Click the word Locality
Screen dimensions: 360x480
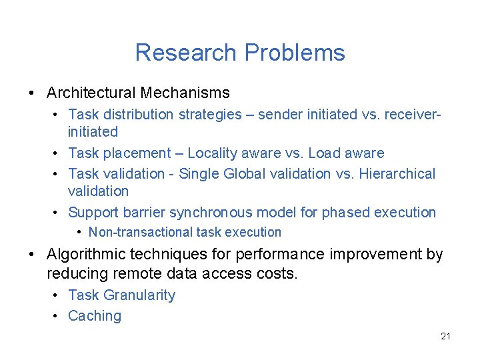[x=215, y=153]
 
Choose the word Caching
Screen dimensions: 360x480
[x=95, y=316]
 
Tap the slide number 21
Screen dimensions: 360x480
[x=445, y=336]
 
